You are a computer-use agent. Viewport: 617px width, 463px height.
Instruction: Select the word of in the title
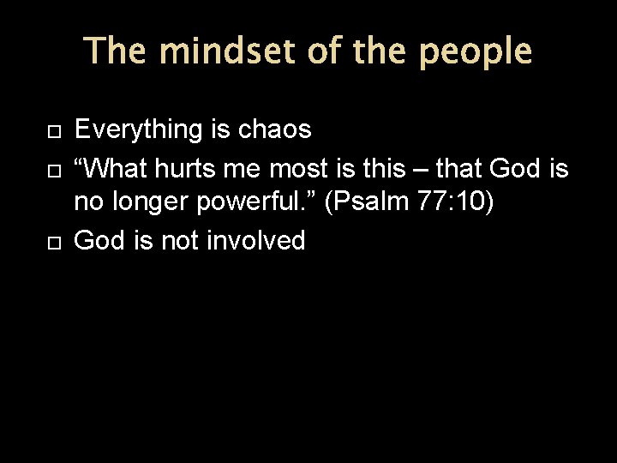click(x=326, y=51)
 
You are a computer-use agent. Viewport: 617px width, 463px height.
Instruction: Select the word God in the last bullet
click(x=100, y=242)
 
